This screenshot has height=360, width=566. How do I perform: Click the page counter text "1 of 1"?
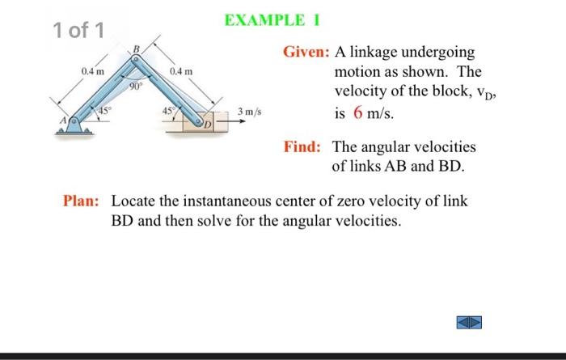[x=78, y=31]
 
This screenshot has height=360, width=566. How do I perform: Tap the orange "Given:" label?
[x=306, y=52]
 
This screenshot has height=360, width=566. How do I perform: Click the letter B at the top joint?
[x=136, y=50]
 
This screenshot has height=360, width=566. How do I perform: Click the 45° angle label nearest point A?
[x=103, y=111]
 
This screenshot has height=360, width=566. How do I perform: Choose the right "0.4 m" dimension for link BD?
[x=182, y=73]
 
